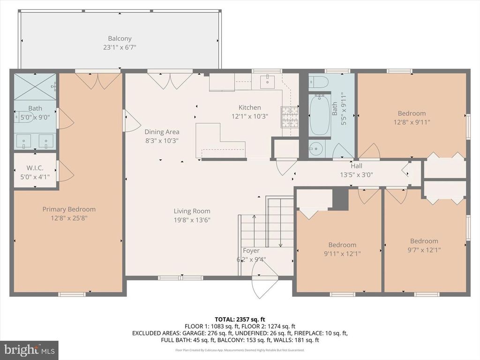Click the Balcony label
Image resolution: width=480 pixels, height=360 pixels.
[x=120, y=39]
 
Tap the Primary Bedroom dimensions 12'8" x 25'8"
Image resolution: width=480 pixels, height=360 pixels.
[x=69, y=218]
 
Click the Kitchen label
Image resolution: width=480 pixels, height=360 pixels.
[x=249, y=108]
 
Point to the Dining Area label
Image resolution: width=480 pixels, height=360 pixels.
[x=162, y=132]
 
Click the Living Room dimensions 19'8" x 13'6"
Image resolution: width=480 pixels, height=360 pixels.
[x=192, y=220]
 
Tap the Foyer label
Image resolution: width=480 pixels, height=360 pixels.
[x=251, y=251]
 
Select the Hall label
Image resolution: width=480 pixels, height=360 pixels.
[x=356, y=166]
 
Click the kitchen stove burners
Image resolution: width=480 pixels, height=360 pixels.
[x=289, y=117]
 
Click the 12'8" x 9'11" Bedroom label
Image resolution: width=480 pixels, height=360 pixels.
[x=412, y=113]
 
